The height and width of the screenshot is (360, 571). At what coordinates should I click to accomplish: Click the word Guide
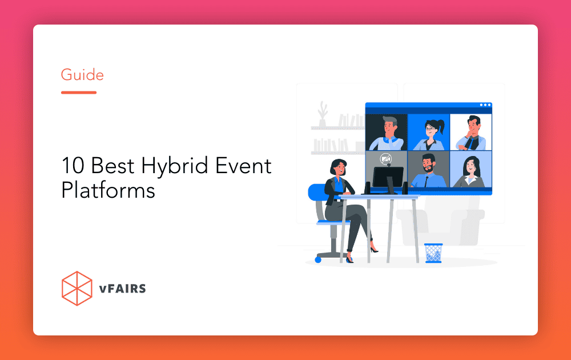click(82, 75)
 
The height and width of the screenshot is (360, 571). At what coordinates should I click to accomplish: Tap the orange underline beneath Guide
click(79, 93)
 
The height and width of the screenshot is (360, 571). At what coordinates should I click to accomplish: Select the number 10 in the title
click(73, 165)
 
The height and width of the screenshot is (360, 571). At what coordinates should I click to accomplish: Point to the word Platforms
click(108, 190)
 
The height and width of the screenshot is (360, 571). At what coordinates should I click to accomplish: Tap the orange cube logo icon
click(77, 288)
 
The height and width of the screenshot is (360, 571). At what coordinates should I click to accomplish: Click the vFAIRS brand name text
click(122, 289)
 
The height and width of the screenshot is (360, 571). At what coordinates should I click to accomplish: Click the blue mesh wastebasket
click(433, 253)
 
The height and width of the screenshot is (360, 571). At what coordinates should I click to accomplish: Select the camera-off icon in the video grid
click(385, 159)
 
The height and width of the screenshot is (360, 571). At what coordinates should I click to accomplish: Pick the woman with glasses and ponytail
click(430, 134)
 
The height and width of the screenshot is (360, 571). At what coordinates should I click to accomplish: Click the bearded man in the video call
click(429, 170)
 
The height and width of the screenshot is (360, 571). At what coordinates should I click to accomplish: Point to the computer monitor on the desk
click(388, 179)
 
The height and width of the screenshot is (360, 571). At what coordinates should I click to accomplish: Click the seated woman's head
click(338, 168)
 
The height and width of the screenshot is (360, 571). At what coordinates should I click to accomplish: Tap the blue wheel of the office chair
click(318, 260)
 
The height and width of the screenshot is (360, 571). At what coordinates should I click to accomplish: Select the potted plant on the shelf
click(322, 114)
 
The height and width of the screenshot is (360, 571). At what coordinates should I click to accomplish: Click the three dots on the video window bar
click(485, 105)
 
